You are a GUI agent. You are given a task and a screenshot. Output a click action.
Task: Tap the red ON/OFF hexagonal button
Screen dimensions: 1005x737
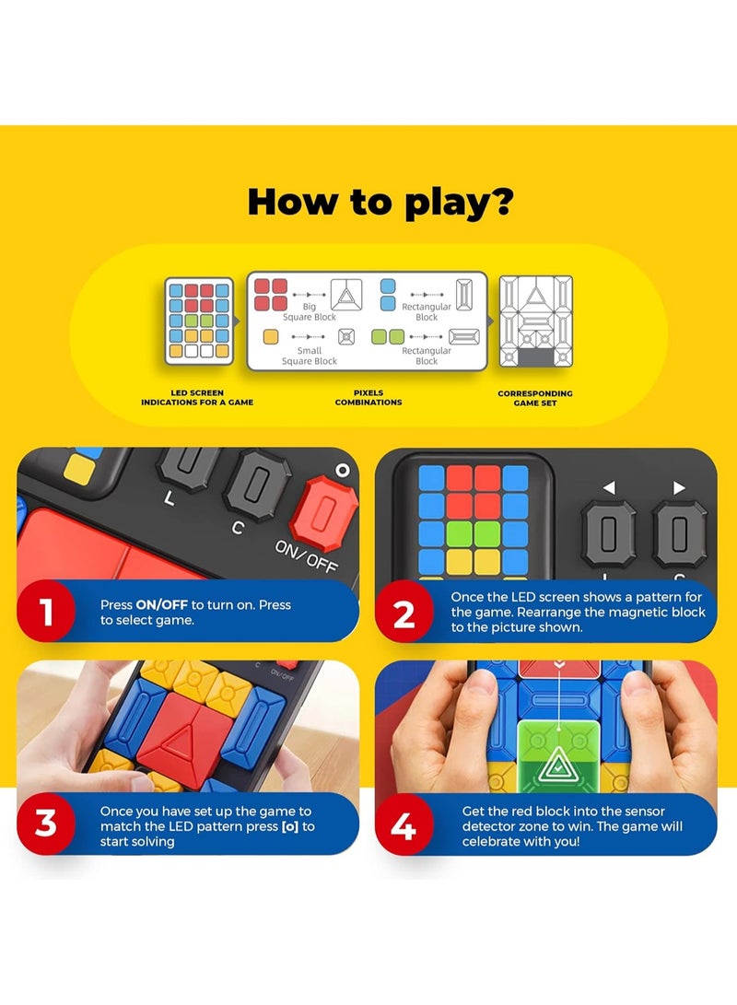(323, 507)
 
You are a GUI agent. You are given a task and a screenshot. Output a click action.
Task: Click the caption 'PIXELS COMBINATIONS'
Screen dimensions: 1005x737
(368, 398)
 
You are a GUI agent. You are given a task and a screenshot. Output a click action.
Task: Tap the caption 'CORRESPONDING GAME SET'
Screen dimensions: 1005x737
(535, 398)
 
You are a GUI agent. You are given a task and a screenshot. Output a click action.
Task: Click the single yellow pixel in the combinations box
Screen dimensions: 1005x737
(270, 336)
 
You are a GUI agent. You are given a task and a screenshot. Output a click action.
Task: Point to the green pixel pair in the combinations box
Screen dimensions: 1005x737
(389, 336)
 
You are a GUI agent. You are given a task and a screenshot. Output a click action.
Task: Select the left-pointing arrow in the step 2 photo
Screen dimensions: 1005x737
(609, 487)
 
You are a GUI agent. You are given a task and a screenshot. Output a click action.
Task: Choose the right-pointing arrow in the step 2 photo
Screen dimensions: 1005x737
(679, 487)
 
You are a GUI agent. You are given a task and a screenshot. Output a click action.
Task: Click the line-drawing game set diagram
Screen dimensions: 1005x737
(535, 321)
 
